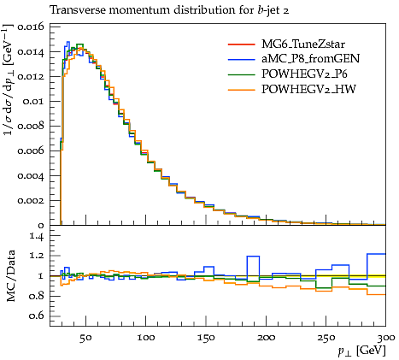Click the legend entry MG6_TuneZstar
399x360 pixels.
[x=303, y=44]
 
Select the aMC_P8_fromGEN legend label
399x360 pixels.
[x=310, y=59]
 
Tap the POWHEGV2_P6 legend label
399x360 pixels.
[x=304, y=74]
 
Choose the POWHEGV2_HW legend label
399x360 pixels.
[x=308, y=89]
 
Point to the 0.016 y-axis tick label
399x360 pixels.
[x=31, y=27]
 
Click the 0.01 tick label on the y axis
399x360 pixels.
[x=33, y=102]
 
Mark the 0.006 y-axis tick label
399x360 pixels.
[x=31, y=150]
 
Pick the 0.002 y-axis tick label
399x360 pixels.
[x=31, y=200]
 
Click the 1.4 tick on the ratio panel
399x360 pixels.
[x=37, y=236]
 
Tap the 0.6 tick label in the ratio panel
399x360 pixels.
[x=37, y=316]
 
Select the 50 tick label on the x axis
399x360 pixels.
[x=85, y=338]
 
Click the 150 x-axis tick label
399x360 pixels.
[x=206, y=338]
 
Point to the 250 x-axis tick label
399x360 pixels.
[x=326, y=338]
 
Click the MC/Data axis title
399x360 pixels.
[x=10, y=276]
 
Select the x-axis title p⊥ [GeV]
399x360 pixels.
[x=361, y=351]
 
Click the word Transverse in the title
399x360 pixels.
[x=78, y=10]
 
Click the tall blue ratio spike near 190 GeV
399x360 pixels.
[x=253, y=257]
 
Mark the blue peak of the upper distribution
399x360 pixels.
[x=67, y=42]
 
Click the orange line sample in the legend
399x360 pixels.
[x=241, y=90]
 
